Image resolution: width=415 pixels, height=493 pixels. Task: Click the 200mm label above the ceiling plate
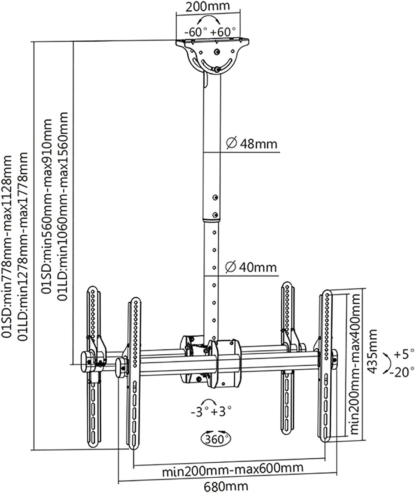coord(208,6)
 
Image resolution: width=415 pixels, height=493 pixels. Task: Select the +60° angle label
coord(223,32)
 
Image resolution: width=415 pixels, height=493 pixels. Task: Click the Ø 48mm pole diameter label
coord(252,143)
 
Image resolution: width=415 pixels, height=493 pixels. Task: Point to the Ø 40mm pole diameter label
coord(251,267)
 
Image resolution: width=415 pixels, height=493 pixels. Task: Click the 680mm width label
coord(226,486)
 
